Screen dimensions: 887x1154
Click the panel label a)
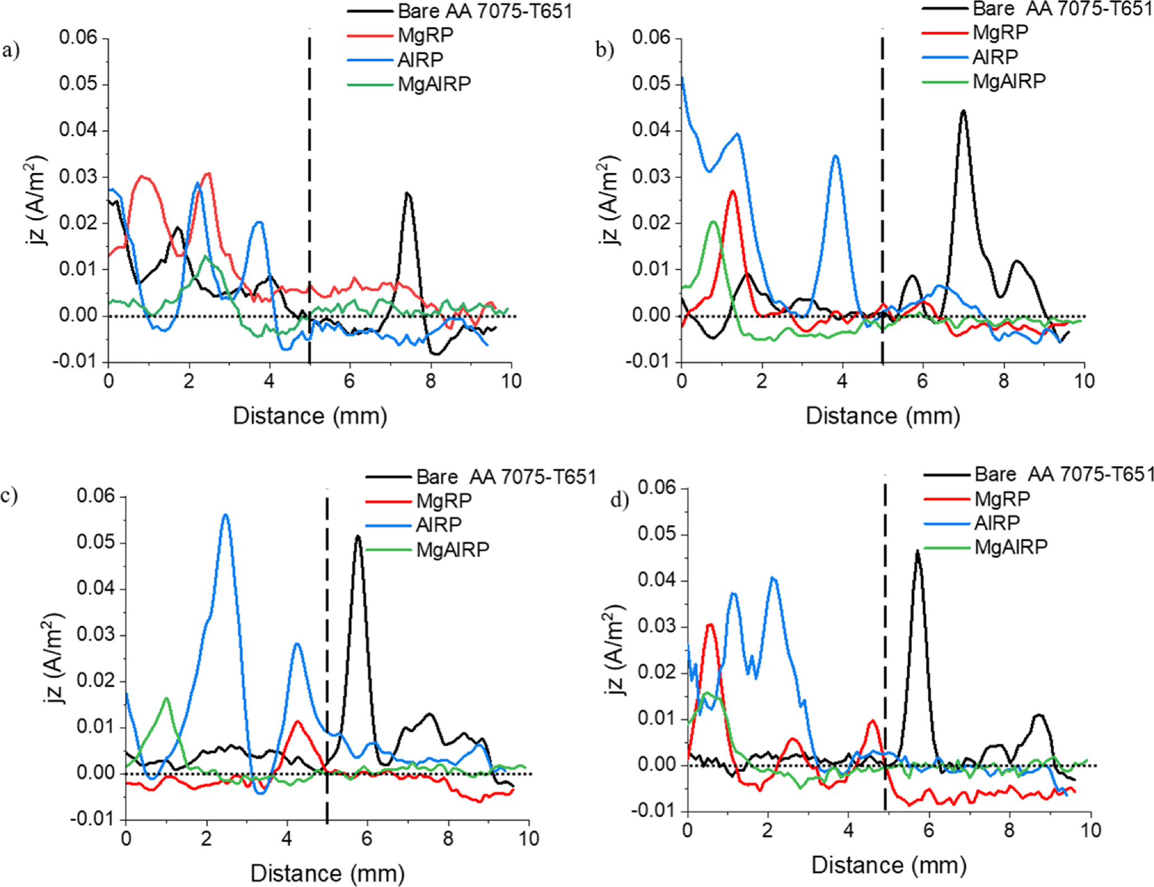coord(11,51)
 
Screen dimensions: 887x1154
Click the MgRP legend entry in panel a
coord(425,35)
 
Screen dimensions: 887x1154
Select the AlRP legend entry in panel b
coord(995,57)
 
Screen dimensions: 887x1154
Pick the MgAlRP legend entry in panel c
coord(452,550)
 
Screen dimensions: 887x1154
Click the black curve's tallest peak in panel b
coord(963,111)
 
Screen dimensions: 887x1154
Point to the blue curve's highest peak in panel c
coord(225,515)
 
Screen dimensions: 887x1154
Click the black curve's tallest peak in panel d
coord(917,551)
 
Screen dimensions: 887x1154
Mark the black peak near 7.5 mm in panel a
coord(408,193)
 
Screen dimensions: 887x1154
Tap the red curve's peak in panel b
coord(732,191)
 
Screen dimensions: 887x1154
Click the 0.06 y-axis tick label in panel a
coord(78,38)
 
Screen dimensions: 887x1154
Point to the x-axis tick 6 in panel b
coord(923,381)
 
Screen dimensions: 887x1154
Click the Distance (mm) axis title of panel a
coord(310,416)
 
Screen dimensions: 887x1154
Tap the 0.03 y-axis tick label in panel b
coord(651,177)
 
